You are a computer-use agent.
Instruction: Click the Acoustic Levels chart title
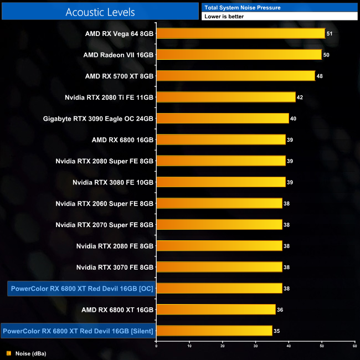point(100,12)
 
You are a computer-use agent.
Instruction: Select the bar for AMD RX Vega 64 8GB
point(241,33)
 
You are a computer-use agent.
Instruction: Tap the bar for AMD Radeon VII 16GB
point(239,54)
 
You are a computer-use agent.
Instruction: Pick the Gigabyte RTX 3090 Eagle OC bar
point(223,118)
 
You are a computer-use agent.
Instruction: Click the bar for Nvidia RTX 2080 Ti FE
point(226,97)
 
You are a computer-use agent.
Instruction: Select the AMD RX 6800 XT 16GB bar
point(216,309)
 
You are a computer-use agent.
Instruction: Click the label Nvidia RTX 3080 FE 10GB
point(113,182)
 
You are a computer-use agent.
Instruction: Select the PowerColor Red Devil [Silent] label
point(78,331)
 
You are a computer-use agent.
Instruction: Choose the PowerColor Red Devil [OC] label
point(82,289)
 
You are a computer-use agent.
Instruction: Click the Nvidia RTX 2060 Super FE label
point(105,203)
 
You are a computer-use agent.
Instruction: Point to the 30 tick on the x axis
point(256,346)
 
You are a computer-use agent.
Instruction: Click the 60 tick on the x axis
point(354,346)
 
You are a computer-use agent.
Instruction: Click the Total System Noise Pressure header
point(242,7)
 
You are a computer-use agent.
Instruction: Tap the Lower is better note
point(224,17)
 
